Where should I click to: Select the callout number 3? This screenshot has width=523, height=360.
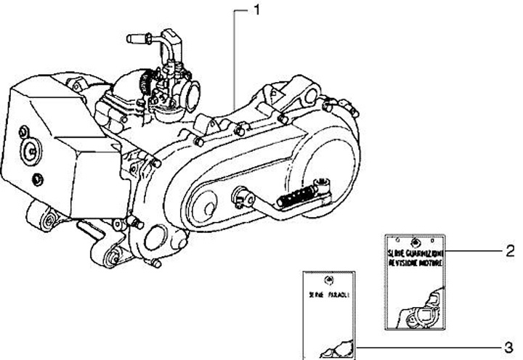click(509, 344)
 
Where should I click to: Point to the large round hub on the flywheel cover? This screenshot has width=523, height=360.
click(32, 150)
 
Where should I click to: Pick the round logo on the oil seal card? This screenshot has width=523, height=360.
click(328, 279)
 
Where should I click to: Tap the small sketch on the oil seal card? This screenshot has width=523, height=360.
click(336, 351)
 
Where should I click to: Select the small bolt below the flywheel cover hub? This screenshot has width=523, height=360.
click(38, 179)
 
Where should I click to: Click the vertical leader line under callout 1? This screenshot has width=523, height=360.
click(235, 58)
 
